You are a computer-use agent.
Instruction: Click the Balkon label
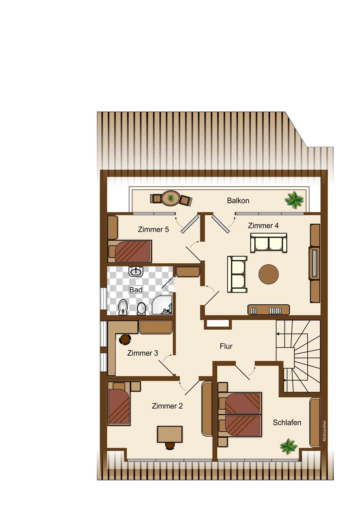tap(238, 201)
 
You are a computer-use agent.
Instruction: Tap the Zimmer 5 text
tap(153, 229)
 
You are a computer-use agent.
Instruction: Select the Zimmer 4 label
tap(263, 225)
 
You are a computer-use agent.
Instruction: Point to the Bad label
tap(136, 289)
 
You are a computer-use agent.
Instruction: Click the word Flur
tap(226, 346)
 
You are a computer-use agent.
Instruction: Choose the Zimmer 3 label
tap(143, 353)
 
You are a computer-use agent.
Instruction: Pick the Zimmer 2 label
tap(167, 406)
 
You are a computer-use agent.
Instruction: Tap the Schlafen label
tap(287, 422)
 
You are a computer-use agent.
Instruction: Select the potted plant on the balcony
tap(294, 200)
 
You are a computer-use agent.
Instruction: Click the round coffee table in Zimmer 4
tap(269, 274)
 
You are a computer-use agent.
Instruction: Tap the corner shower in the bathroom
tap(162, 305)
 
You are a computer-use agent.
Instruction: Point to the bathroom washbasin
tap(136, 271)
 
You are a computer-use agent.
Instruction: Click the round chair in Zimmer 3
tap(125, 339)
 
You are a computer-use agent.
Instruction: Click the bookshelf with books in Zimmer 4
tap(268, 310)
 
